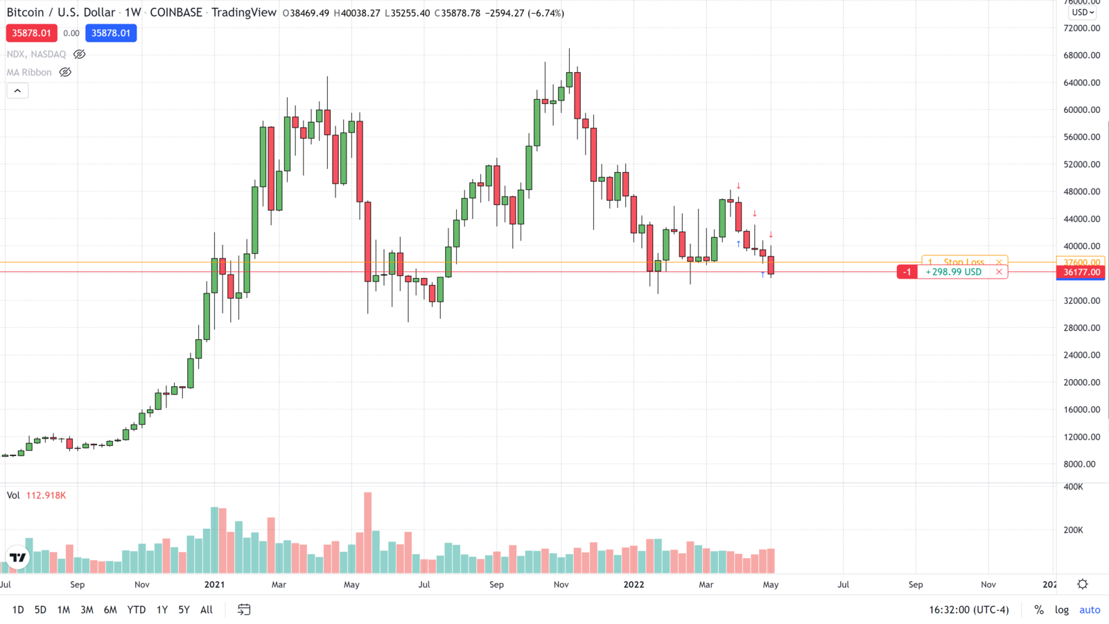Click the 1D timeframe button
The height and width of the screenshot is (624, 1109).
point(18,610)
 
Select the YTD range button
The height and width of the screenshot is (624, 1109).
point(136,610)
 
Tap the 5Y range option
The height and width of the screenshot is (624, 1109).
point(184,610)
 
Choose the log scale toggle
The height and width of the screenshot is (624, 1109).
point(1061,610)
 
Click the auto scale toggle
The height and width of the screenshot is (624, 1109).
point(1090,610)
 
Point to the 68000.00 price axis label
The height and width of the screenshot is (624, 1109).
point(1081,55)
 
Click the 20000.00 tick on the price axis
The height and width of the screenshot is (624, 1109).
point(1081,383)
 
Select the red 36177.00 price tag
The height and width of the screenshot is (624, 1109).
point(1081,272)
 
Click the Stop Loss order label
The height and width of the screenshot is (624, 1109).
point(963,262)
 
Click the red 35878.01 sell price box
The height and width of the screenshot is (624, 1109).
point(31,33)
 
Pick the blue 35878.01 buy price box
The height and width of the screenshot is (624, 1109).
point(111,33)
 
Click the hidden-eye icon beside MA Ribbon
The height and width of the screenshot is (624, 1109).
point(65,72)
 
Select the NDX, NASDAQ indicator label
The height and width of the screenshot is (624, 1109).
point(36,54)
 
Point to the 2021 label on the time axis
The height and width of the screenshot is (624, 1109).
point(214,584)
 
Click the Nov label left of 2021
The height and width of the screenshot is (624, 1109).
point(142,584)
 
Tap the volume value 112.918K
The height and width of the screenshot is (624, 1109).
point(46,496)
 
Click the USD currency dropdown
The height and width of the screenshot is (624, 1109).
point(1083,12)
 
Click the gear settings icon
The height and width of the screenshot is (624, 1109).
point(1083,584)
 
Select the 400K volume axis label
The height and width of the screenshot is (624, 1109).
point(1073,487)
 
